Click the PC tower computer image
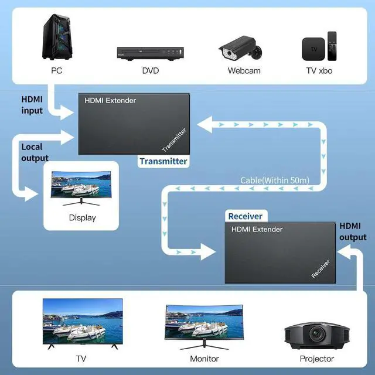(57, 37)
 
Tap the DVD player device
(150, 53)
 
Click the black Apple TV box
(313, 49)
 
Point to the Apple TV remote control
(332, 46)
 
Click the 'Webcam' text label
(244, 71)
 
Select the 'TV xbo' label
(319, 71)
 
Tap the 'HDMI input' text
(32, 105)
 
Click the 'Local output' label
(35, 152)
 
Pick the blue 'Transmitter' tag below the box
(163, 161)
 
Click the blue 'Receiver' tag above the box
(246, 216)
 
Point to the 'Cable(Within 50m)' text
(275, 180)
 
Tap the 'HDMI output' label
(353, 231)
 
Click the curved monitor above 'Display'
(81, 188)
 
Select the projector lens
(317, 334)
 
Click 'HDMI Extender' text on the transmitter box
(110, 100)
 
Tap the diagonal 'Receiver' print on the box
(321, 269)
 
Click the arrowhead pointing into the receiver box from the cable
(207, 252)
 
